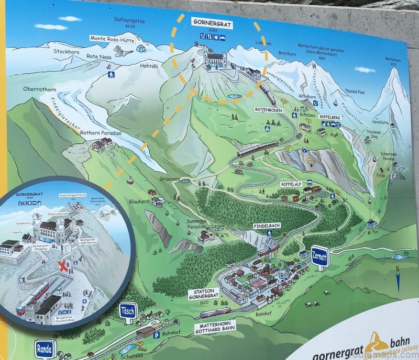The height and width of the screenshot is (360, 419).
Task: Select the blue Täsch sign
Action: pos(128,311)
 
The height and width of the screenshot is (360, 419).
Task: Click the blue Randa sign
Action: pos(45,347)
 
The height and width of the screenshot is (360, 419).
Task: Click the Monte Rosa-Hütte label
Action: pos(112,38)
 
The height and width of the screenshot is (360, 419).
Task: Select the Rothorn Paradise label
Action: pos(102,133)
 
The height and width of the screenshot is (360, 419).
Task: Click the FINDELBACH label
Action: pos(266,225)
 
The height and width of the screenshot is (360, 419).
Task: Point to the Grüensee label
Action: pos(170,178)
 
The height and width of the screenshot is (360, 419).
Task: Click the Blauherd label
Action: pos(139,201)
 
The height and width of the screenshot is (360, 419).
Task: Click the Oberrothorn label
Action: pos(36,89)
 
